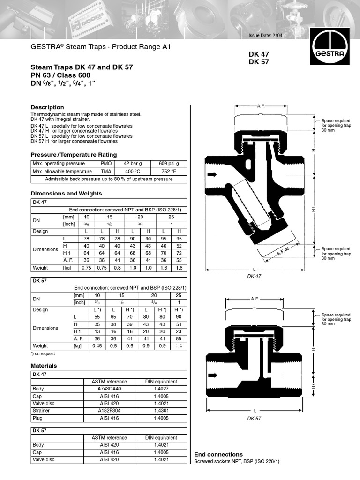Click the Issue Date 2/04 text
click(262, 36)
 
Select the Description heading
click(47, 107)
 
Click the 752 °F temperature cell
click(168, 171)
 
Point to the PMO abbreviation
click(106, 164)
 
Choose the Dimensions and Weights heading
click(66, 193)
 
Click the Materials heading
click(44, 365)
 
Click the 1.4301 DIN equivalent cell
click(161, 410)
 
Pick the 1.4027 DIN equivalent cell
click(161, 389)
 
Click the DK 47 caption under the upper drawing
click(254, 276)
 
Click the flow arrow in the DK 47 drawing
click(212, 174)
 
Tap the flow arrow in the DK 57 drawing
click(212, 375)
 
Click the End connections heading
click(218, 454)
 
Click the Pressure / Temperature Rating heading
click(74, 155)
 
